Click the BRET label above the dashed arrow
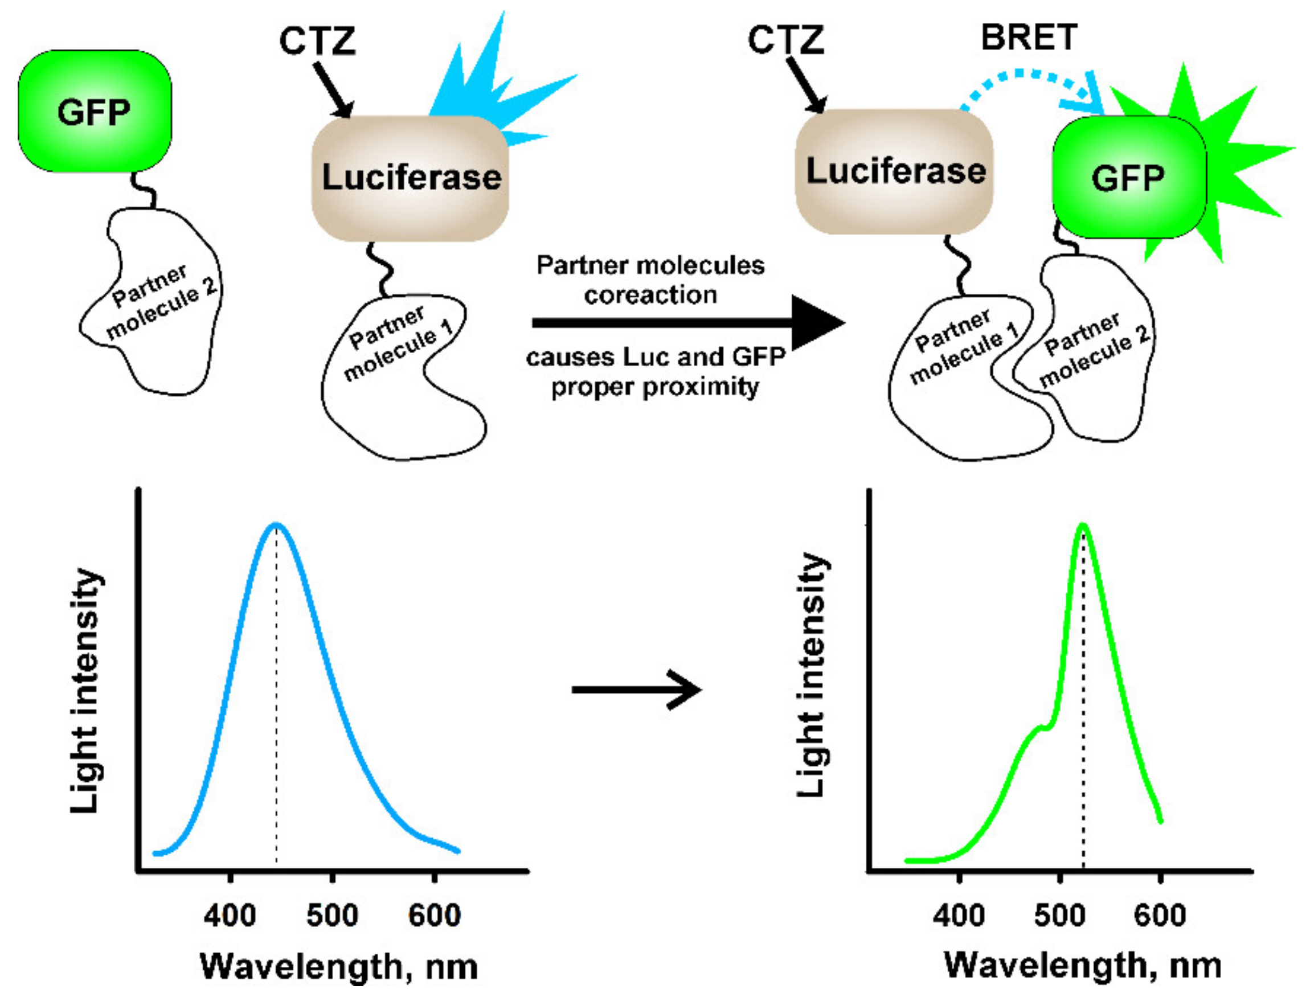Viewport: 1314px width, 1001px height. (x=1029, y=38)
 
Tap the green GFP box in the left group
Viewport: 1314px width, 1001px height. (x=95, y=112)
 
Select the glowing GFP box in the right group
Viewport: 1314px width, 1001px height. (x=1129, y=178)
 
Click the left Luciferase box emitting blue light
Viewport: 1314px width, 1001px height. (x=411, y=178)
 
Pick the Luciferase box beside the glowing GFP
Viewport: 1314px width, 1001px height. (x=894, y=171)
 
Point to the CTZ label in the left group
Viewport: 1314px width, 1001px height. (x=317, y=42)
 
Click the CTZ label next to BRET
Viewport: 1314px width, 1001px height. (x=785, y=40)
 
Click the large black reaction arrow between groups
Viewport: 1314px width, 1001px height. (x=685, y=323)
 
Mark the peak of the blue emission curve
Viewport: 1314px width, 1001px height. (x=276, y=524)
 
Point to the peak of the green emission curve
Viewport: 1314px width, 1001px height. (x=1082, y=526)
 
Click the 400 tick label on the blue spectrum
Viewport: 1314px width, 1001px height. (x=230, y=914)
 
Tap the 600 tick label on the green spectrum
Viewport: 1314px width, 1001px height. (x=1160, y=914)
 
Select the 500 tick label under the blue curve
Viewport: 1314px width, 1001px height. (x=332, y=914)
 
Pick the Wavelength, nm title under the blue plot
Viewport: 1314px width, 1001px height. (x=338, y=966)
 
